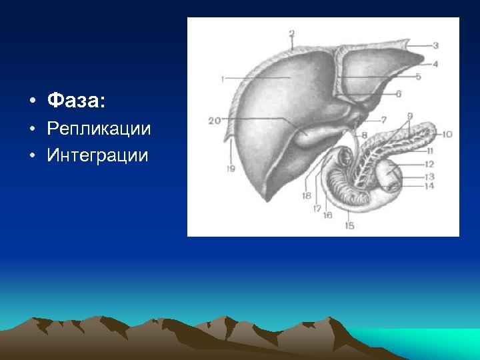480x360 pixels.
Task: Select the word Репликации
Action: tap(99, 129)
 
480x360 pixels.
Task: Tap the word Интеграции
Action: tap(98, 156)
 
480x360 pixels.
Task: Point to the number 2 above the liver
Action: tap(291, 33)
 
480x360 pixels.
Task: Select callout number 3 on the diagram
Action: tap(435, 45)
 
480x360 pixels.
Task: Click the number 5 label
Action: tap(419, 77)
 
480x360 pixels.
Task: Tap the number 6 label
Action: tap(399, 94)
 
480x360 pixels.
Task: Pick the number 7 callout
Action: tap(384, 120)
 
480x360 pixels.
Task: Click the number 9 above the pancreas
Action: tap(410, 116)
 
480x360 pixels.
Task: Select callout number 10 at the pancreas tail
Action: tap(446, 134)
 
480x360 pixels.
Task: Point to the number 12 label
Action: tap(429, 164)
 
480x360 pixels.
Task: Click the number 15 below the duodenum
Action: tap(349, 226)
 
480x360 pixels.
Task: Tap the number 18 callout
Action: tap(306, 195)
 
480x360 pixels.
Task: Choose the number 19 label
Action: tap(231, 169)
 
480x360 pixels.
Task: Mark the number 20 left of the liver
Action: tap(214, 121)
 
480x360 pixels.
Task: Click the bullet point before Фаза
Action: tap(31, 102)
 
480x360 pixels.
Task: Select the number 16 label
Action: tap(327, 214)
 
